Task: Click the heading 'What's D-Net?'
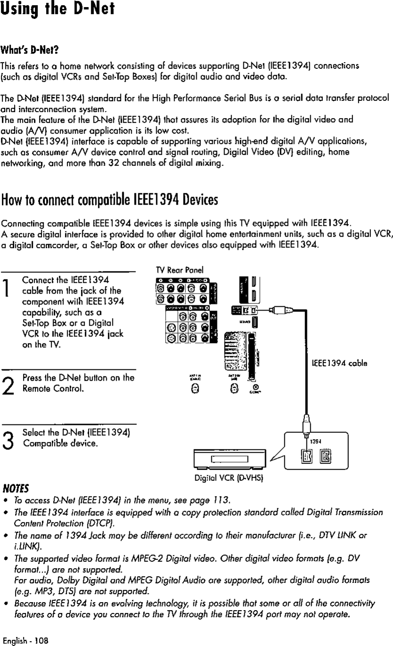[x=29, y=50]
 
